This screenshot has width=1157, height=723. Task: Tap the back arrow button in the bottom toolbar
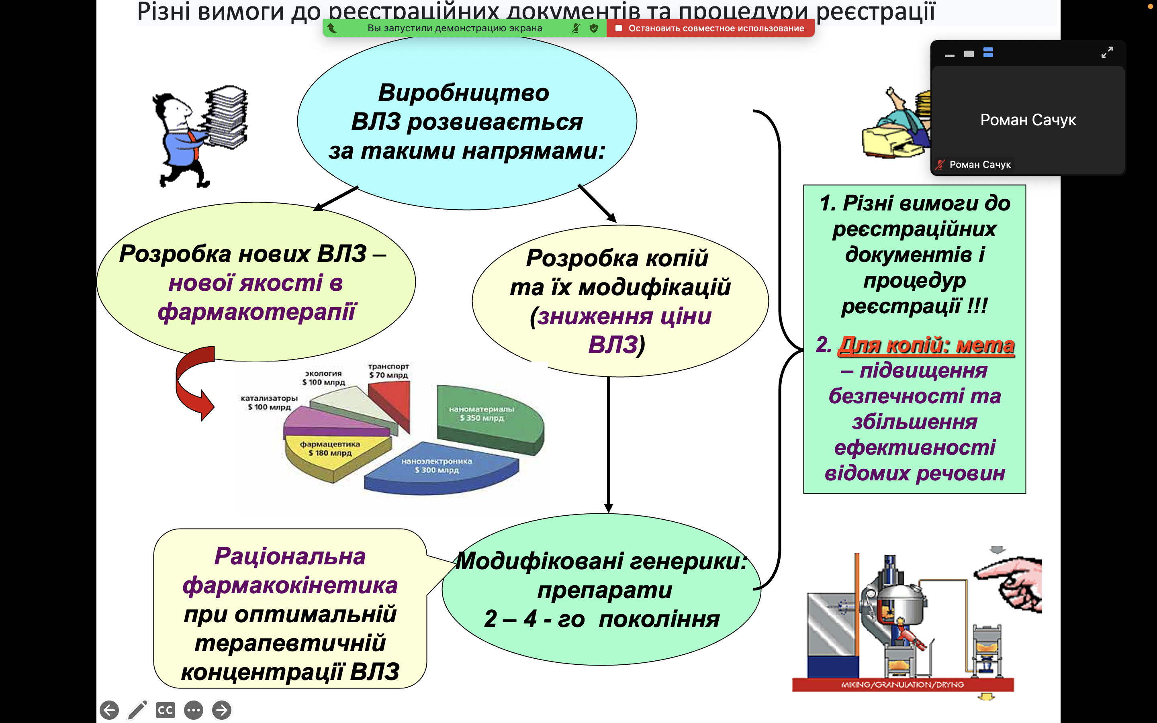pos(110,710)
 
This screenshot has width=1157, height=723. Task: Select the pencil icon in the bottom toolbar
pos(137,710)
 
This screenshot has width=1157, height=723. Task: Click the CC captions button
pos(165,710)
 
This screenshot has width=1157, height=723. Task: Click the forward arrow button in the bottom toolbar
pos(221,710)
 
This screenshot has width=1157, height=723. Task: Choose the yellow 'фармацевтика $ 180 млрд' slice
pos(330,454)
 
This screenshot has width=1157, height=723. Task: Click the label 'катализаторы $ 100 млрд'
pos(269,402)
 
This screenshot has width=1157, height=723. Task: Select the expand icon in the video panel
pos(1107,52)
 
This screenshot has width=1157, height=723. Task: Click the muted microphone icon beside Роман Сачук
pos(940,165)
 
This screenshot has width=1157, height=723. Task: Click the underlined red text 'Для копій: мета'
pos(926,345)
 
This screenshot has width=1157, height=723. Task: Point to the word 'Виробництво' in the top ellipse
pos(463,93)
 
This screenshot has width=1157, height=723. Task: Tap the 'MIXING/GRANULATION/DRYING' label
pos(902,685)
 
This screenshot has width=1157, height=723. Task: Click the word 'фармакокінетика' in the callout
pos(290,585)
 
